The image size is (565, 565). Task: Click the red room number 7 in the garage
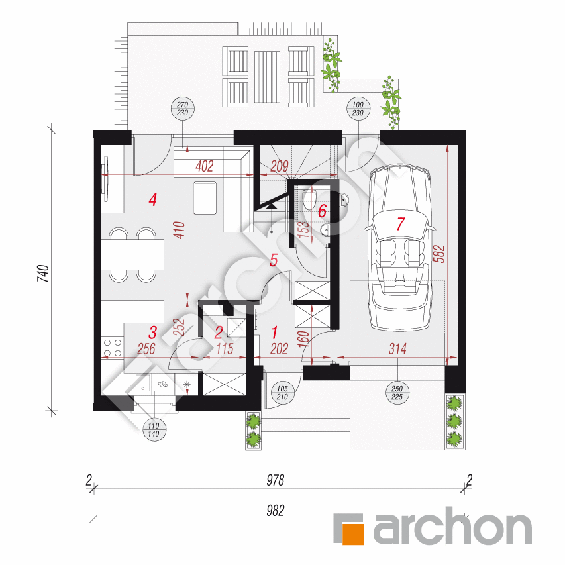tap(400, 223)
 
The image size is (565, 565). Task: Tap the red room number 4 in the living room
tap(153, 199)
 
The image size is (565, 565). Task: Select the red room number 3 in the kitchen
tap(152, 332)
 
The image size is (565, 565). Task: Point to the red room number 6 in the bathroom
tap(322, 212)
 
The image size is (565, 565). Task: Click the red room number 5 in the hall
tap(274, 260)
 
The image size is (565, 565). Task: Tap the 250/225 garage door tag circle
tap(397, 393)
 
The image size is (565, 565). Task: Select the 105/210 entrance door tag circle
tap(283, 393)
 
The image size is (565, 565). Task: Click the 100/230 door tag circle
tap(358, 108)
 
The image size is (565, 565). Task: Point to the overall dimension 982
tap(276, 510)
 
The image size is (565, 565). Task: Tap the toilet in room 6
tap(309, 200)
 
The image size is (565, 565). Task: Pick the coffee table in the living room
tap(205, 197)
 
